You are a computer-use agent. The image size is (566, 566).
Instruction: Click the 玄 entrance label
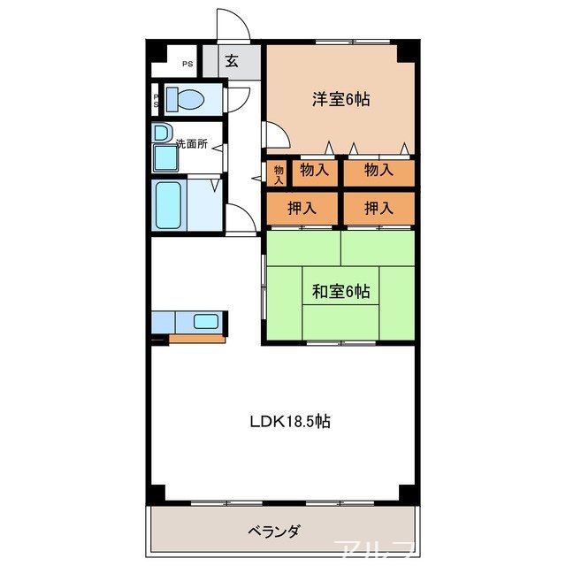pos(231,61)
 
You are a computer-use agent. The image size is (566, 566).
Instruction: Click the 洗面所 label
pos(191,143)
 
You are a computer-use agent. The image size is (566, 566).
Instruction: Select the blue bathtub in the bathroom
pos(167,205)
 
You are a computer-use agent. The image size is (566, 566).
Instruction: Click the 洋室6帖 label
pos(340,99)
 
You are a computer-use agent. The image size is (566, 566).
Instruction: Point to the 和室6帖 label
pos(340,291)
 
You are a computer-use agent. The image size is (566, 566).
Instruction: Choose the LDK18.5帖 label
pos(288,422)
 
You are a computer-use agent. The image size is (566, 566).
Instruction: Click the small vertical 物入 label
pos(278,172)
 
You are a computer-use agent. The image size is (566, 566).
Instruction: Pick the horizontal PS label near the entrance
pos(187,64)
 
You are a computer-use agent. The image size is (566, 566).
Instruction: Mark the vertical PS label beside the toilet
pos(157,100)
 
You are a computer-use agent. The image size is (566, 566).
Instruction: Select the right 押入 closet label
pos(378,208)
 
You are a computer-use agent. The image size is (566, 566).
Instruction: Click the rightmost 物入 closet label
pos(378,170)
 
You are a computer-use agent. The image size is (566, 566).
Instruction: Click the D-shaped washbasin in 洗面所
pos(162,134)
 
